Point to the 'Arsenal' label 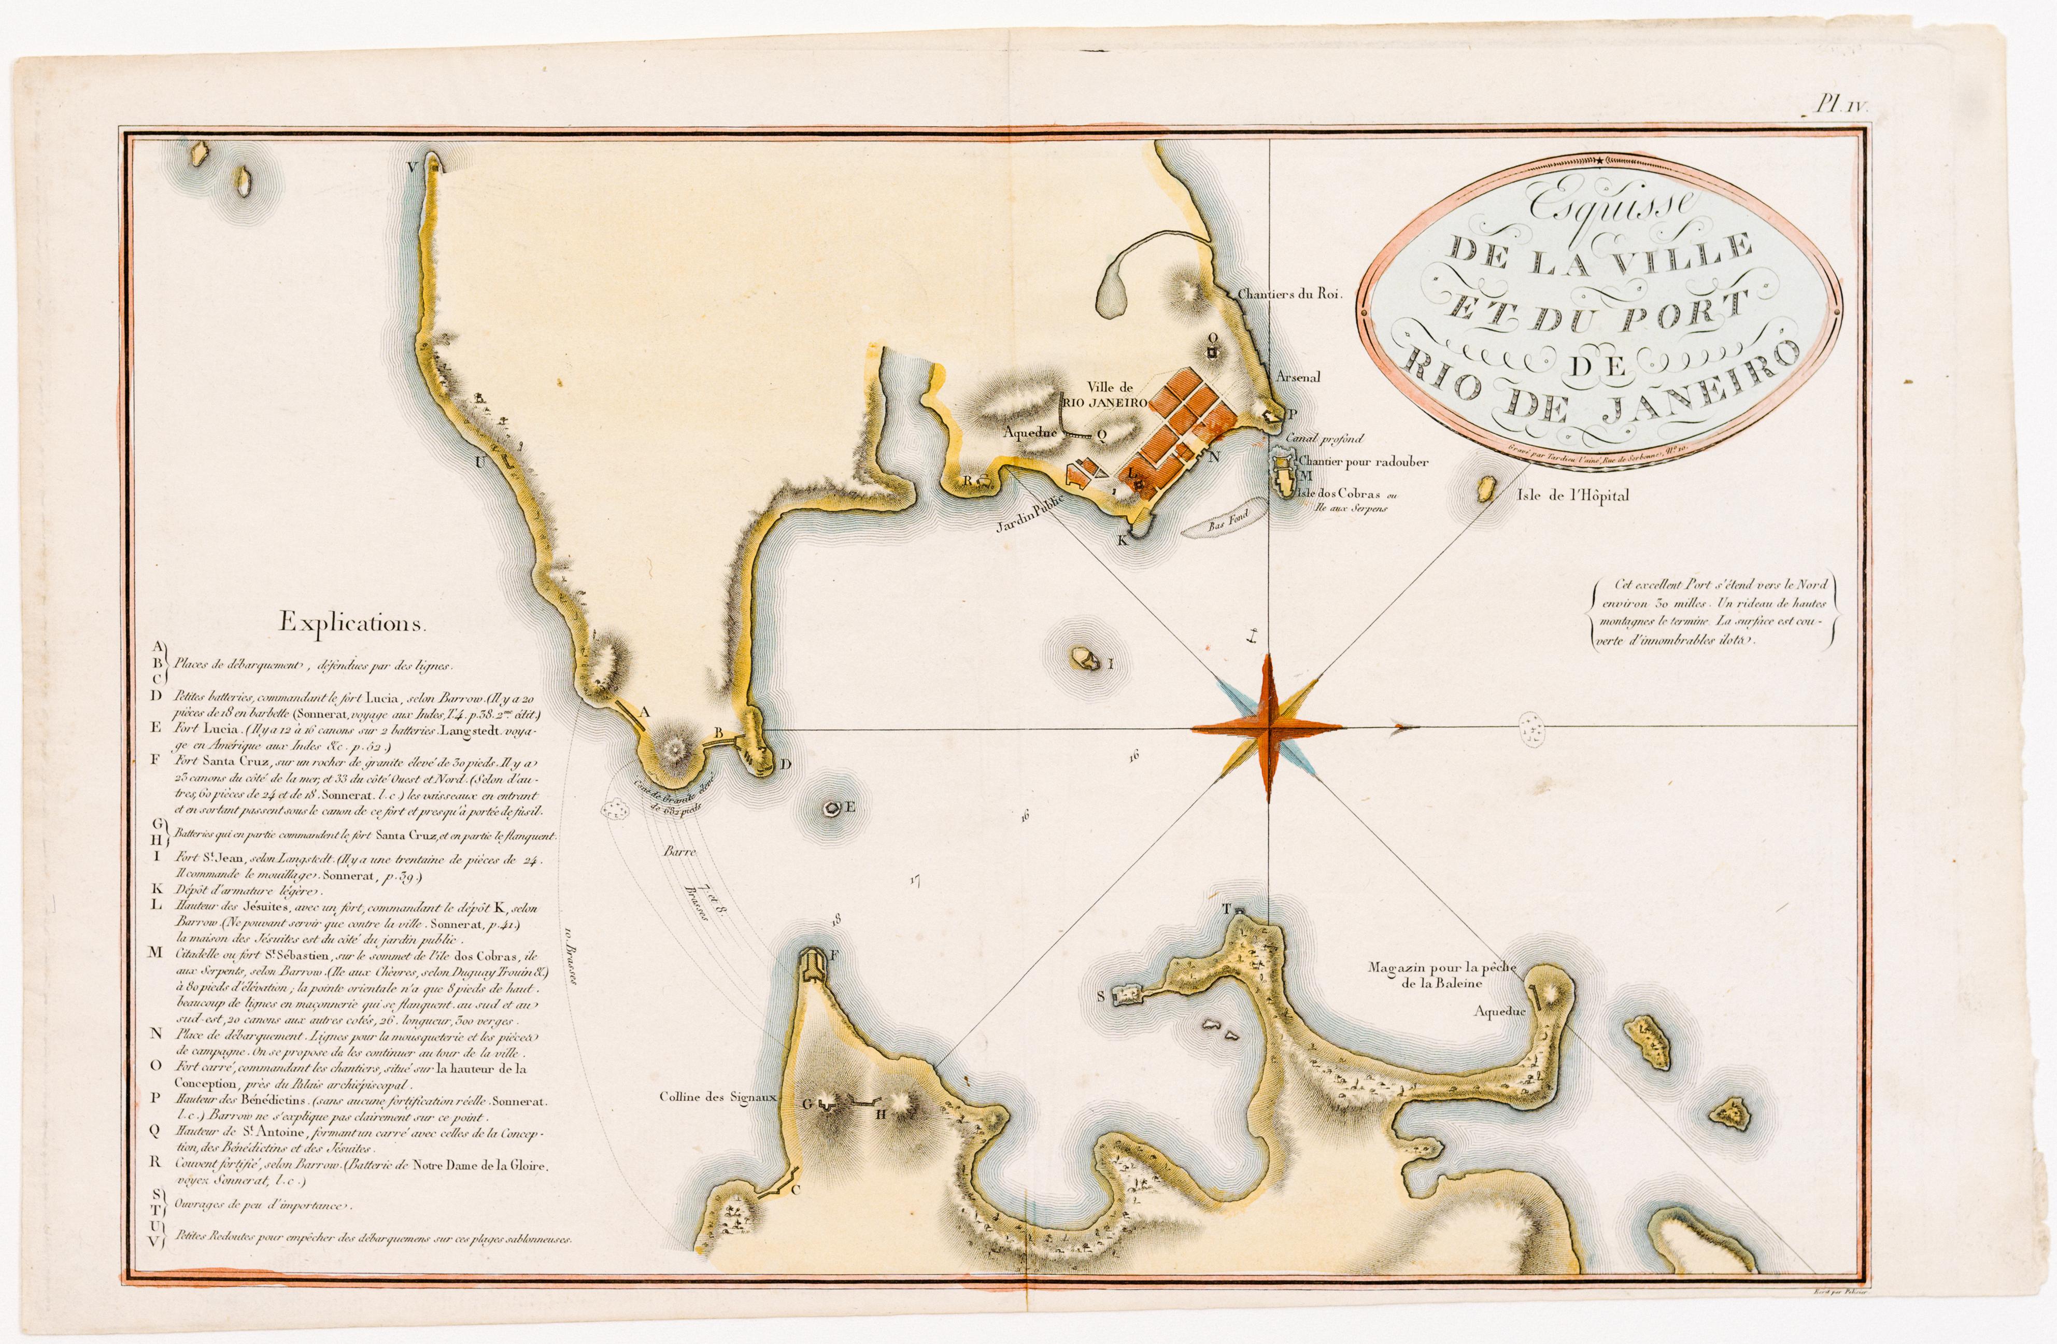pos(1299,377)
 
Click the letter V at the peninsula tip pos(413,165)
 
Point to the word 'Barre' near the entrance pos(678,852)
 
